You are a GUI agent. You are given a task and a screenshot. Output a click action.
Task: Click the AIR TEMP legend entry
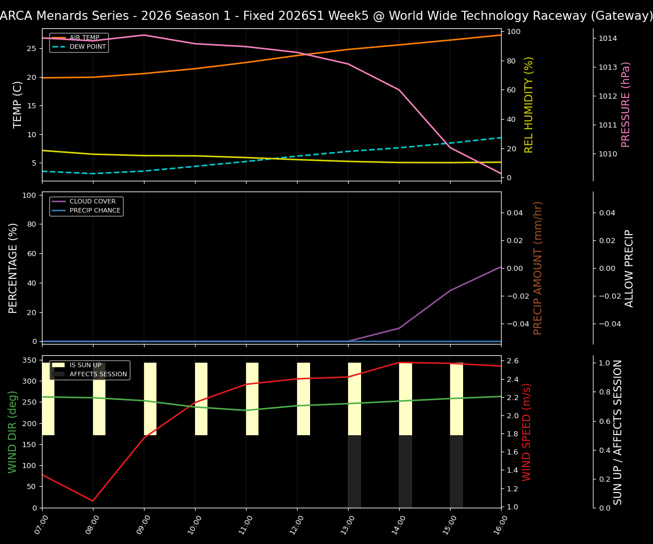tap(84, 38)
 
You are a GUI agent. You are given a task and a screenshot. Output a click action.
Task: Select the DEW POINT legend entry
tap(87, 46)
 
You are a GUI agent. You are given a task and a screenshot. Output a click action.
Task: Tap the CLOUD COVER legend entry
tap(92, 202)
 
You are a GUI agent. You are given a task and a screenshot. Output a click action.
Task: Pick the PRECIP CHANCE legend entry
tap(95, 211)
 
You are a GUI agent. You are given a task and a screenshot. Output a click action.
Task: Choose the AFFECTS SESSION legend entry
tap(98, 374)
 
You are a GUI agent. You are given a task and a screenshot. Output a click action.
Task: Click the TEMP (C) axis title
tap(18, 104)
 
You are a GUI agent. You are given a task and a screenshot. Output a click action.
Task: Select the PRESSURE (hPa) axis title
tap(626, 104)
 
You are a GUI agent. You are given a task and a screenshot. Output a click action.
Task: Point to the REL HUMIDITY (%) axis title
tap(529, 104)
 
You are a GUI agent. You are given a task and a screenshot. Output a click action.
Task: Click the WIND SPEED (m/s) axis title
tap(527, 432)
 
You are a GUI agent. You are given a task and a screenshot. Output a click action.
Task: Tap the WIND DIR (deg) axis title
tap(12, 432)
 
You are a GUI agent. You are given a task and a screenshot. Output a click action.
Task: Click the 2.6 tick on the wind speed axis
tap(512, 361)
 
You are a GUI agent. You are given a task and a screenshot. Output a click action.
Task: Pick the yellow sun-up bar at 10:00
tap(201, 399)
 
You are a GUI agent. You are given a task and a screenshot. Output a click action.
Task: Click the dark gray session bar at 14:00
tap(405, 471)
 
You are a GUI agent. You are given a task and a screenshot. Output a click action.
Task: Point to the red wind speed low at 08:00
tap(93, 501)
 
